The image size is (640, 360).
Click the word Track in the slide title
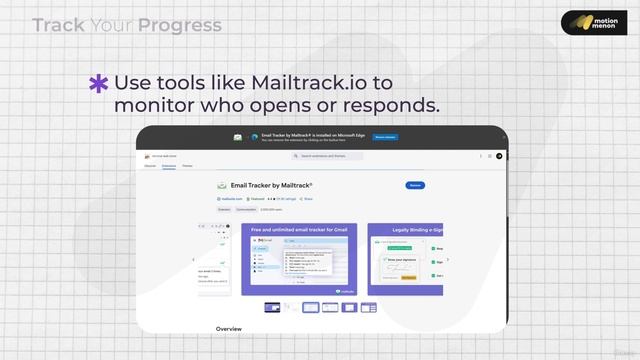59,25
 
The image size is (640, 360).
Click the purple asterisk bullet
99,84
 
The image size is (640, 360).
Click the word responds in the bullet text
390,105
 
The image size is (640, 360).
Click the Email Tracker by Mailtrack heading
272,185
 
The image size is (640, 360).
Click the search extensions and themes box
328,156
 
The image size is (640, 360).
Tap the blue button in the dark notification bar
385,137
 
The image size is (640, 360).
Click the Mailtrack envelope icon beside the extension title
221,186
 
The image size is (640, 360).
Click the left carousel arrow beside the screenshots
194,260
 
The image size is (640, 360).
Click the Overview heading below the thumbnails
228,328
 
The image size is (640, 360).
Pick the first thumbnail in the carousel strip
272,307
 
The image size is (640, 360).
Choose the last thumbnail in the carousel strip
368,307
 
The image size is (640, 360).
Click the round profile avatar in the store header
499,156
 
